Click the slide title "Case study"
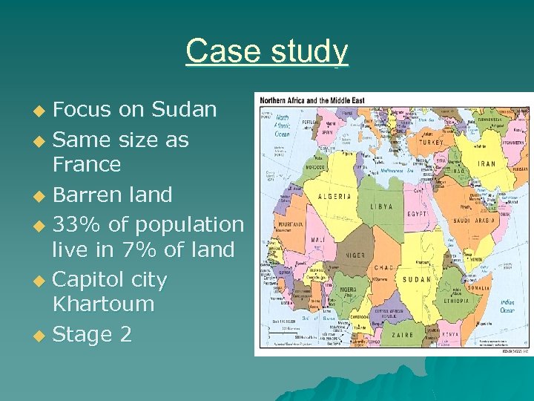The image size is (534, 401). point(267,51)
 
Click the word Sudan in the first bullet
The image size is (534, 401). point(184,110)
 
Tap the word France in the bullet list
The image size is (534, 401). point(86,164)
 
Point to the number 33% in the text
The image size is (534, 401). point(77,224)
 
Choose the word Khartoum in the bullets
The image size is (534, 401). point(103,304)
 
